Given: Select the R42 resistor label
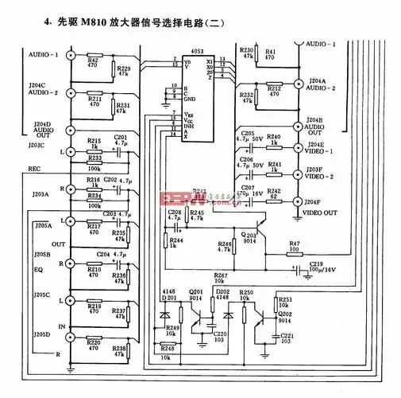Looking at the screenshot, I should pyautogui.click(x=93, y=60).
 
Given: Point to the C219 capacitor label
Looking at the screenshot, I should pyautogui.click(x=317, y=263).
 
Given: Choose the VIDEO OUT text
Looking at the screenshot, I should pyautogui.click(x=320, y=212).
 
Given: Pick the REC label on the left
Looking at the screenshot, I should pyautogui.click(x=34, y=168).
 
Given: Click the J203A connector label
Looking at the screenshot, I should pyautogui.click(x=40, y=194).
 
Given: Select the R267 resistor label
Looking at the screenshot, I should pyautogui.click(x=221, y=275).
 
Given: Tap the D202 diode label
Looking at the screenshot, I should pyautogui.click(x=223, y=291).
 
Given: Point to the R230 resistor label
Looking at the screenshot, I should pyautogui.click(x=246, y=49).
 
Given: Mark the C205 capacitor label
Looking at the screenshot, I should pyautogui.click(x=249, y=133).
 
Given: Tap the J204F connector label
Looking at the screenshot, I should pyautogui.click(x=315, y=202).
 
